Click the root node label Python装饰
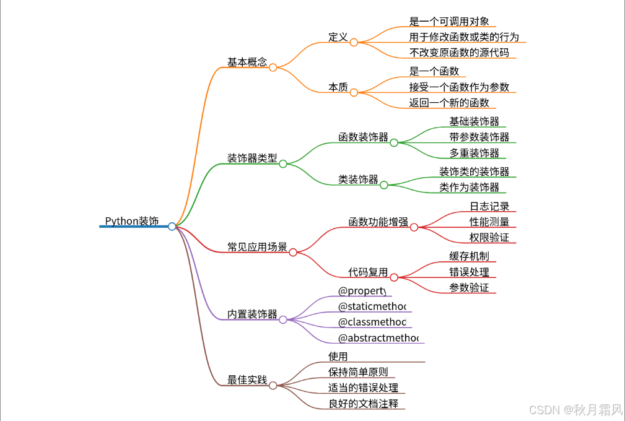(131, 221)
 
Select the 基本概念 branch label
(247, 62)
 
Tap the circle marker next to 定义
(354, 43)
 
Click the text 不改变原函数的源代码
(459, 53)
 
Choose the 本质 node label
(338, 87)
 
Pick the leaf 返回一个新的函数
(449, 103)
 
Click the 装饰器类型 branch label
(252, 158)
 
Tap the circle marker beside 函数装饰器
(394, 142)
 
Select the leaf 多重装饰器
(474, 152)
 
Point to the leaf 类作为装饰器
(469, 187)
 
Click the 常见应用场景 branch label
(257, 247)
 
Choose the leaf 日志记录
(489, 206)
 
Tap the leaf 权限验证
(489, 237)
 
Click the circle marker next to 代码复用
(394, 277)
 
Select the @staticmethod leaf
(372, 306)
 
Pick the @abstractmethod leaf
(378, 337)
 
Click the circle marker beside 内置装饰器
(283, 319)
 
